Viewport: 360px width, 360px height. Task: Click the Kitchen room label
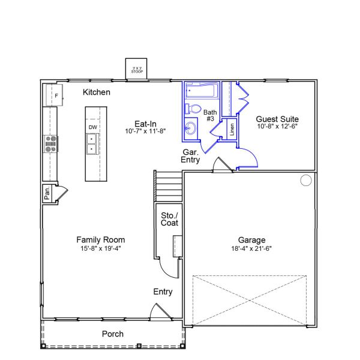pyautogui.click(x=97, y=92)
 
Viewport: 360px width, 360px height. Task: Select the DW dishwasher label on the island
pyautogui.click(x=93, y=127)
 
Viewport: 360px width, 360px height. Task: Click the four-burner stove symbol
pyautogui.click(x=51, y=142)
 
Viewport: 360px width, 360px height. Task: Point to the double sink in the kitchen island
pyautogui.click(x=93, y=144)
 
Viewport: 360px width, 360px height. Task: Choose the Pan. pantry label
pyautogui.click(x=47, y=193)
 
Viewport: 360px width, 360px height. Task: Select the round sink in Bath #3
pyautogui.click(x=191, y=127)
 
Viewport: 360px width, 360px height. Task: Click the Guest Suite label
pyautogui.click(x=277, y=119)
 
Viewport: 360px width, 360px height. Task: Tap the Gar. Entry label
pyautogui.click(x=191, y=157)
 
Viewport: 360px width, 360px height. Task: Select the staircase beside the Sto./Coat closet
pyautogui.click(x=169, y=187)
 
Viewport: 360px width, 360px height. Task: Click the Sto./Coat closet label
pyautogui.click(x=170, y=219)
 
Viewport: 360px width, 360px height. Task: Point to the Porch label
pyautogui.click(x=112, y=334)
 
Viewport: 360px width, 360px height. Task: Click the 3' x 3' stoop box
pyautogui.click(x=137, y=69)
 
